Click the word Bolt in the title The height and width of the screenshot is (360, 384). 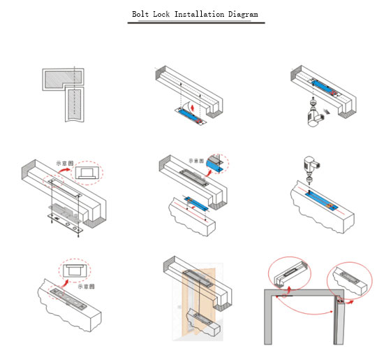pos(142,13)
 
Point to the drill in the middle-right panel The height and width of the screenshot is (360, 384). pos(309,165)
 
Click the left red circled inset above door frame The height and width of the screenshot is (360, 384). pos(290,271)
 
